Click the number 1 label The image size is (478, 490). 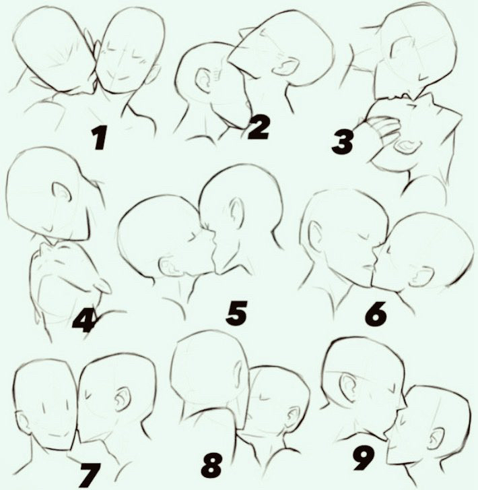(x=99, y=139)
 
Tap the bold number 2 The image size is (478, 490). (x=259, y=127)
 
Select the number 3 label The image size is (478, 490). (x=343, y=142)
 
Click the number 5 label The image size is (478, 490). (x=236, y=312)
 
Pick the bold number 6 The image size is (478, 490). (x=376, y=313)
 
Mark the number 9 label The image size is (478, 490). (x=364, y=458)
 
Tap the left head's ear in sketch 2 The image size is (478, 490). (x=203, y=80)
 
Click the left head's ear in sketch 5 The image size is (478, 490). (x=170, y=267)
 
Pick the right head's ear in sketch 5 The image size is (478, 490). (x=236, y=211)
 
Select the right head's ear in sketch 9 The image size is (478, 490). (x=436, y=439)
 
